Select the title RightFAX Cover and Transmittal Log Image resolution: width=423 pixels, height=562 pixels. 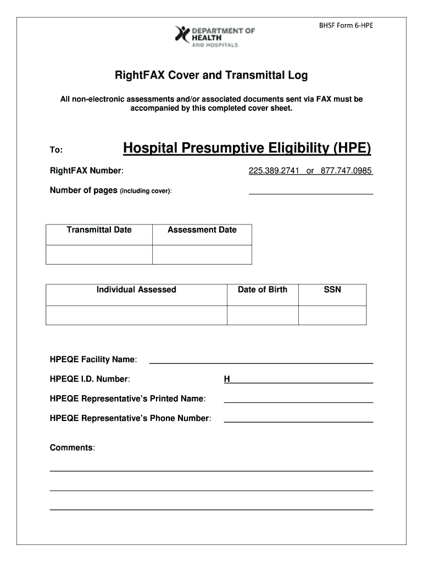pos(211,75)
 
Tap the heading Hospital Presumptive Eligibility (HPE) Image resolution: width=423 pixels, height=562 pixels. pos(247,149)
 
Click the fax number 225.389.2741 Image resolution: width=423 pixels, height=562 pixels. pos(274,171)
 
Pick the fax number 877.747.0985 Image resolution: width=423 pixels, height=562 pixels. pos(344,171)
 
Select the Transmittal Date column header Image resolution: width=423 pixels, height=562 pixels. pos(99,230)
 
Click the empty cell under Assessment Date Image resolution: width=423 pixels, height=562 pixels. pos(202,255)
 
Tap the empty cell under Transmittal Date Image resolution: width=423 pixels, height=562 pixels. pos(99,255)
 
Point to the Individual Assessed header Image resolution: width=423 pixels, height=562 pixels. pos(136,290)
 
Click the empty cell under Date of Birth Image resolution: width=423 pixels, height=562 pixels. pos(262,315)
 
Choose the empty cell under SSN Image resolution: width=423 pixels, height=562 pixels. pos(332,315)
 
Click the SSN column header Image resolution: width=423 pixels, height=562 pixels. pos(332,290)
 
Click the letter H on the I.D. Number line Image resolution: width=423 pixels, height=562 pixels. pos(227,379)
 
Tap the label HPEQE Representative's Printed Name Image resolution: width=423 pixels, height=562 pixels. pos(127,398)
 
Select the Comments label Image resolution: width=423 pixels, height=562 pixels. pos(73,448)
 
